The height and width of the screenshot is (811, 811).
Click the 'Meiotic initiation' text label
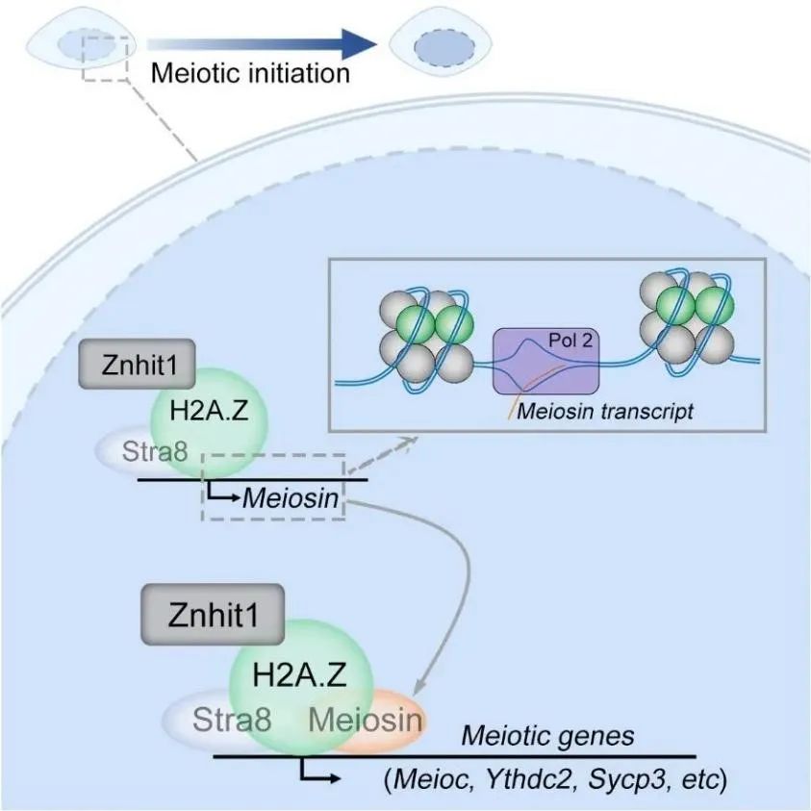tap(250, 73)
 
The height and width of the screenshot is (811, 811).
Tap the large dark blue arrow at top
tap(262, 45)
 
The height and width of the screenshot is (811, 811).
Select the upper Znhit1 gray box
tap(137, 364)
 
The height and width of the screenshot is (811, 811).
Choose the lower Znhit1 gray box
tap(214, 615)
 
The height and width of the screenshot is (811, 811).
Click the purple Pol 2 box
tap(546, 361)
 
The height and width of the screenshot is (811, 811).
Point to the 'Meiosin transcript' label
tap(604, 412)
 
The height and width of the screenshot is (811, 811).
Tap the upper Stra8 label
tap(155, 451)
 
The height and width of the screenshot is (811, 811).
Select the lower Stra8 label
tap(232, 720)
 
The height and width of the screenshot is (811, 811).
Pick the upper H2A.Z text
tap(209, 411)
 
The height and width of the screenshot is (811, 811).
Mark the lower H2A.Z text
tap(299, 675)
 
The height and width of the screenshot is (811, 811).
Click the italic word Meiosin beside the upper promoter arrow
tap(291, 498)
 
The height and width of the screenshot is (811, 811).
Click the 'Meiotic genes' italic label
tap(547, 736)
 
